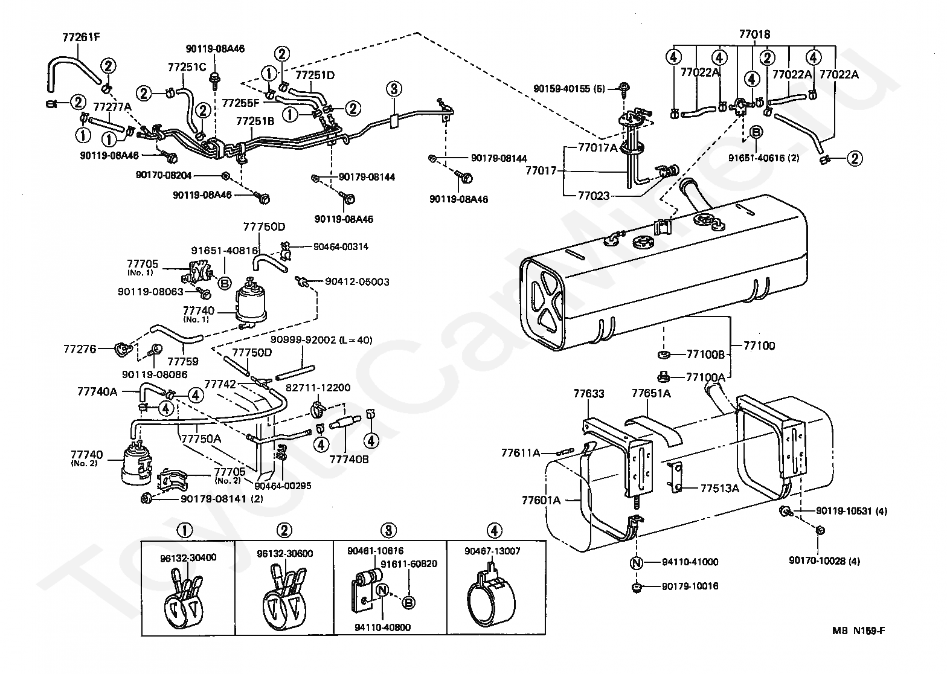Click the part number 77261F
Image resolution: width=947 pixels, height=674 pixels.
click(x=81, y=37)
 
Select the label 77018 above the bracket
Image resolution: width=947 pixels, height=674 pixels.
click(x=755, y=34)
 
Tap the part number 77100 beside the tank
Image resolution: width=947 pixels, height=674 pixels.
click(x=759, y=346)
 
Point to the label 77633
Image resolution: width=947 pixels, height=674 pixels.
click(x=589, y=394)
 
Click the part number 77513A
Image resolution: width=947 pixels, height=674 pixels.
click(x=720, y=489)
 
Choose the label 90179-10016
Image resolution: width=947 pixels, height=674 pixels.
click(x=690, y=586)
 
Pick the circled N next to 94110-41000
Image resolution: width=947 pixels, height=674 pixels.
click(x=637, y=563)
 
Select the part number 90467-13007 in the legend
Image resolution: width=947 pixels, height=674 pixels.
click(x=492, y=551)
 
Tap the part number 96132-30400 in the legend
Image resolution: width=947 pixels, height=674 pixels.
click(x=188, y=557)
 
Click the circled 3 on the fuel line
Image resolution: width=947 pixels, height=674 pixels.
click(x=394, y=89)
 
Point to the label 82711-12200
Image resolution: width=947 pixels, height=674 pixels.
click(x=318, y=388)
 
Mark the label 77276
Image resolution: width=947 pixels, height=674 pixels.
click(x=80, y=349)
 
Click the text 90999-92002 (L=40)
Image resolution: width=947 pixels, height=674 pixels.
click(x=321, y=340)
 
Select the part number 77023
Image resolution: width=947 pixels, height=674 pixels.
click(x=594, y=196)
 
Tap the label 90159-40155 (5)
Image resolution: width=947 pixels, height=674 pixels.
click(x=569, y=89)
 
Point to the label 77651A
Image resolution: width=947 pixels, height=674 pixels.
click(x=651, y=394)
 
